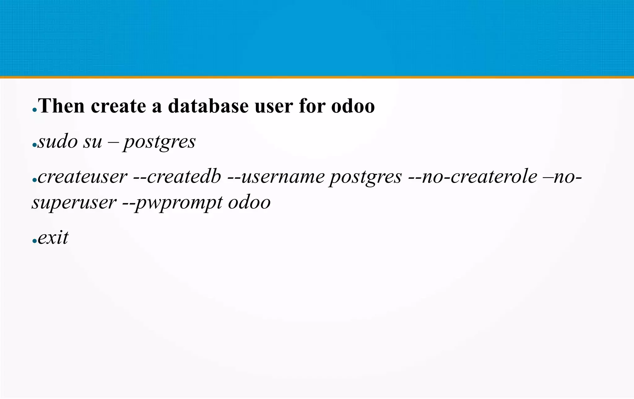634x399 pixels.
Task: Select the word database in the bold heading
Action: (x=208, y=106)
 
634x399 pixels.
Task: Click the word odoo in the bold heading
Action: (x=353, y=106)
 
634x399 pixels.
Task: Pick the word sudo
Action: (x=57, y=141)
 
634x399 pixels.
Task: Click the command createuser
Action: (x=82, y=177)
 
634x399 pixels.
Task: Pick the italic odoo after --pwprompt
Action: (x=249, y=203)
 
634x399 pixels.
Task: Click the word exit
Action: (x=53, y=238)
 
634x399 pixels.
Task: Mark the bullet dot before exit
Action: (x=34, y=241)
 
